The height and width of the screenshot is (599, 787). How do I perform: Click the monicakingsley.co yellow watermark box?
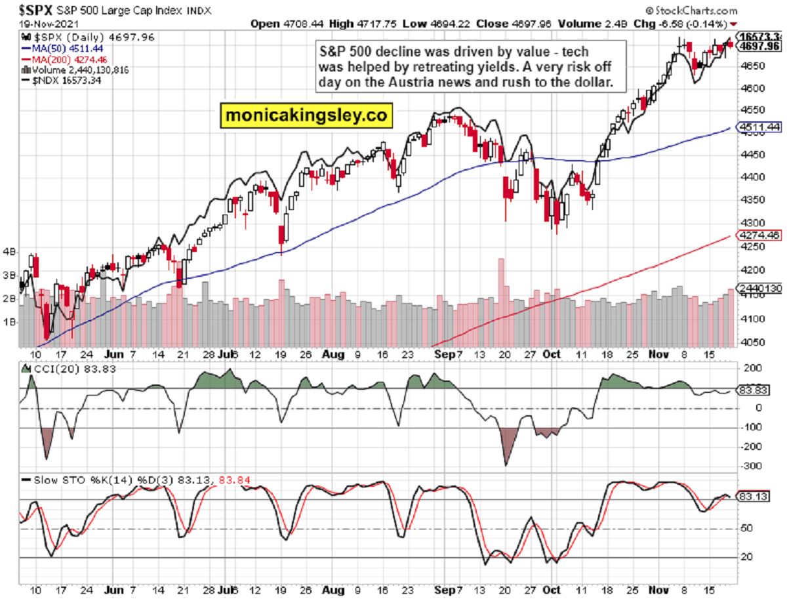pyautogui.click(x=306, y=116)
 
